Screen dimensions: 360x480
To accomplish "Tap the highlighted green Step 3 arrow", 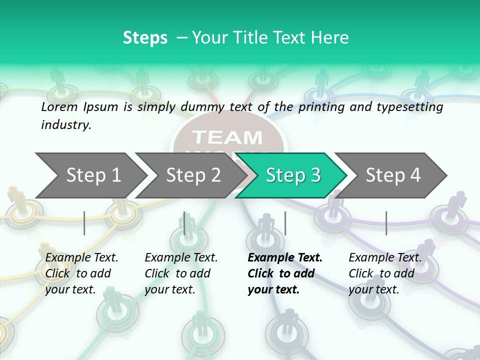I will (x=293, y=175).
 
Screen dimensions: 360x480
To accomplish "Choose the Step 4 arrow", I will (x=393, y=175).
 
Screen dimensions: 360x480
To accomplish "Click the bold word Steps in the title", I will (x=145, y=38).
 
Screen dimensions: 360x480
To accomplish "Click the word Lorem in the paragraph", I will (x=59, y=106).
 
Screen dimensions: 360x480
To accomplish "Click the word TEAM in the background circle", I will (x=227, y=137).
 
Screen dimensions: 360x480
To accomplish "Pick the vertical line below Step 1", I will (x=84, y=223).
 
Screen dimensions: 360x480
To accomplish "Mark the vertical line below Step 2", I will (x=184, y=223).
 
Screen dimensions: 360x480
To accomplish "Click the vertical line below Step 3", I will (x=285, y=223).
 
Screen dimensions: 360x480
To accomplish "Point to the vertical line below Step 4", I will (x=386, y=223).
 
